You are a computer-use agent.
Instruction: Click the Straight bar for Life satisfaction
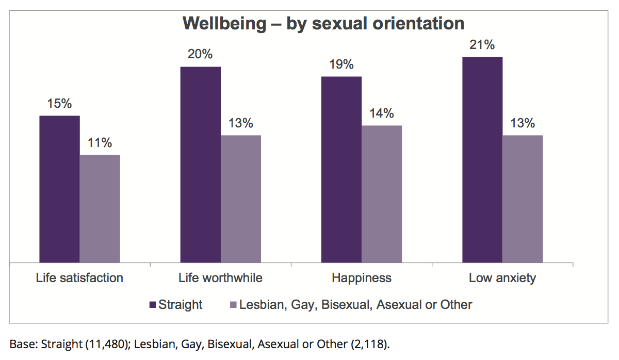coord(59,189)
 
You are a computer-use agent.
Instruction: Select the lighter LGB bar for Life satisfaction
coord(100,208)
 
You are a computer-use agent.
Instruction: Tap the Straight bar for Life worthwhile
coord(200,165)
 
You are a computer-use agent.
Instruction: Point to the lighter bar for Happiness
coord(381,194)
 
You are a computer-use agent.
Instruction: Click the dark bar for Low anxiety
coord(482,159)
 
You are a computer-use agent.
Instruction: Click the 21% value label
coord(482,45)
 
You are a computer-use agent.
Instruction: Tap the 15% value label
coord(59,104)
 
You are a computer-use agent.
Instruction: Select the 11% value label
coord(100,143)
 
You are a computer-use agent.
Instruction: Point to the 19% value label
coord(341,64)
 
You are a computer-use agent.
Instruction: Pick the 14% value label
coord(381,113)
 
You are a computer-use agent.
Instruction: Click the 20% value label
coord(200,55)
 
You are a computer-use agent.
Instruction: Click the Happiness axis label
coord(362,278)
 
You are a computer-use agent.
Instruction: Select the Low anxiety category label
coord(502,278)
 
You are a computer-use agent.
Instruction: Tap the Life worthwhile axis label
coord(220,278)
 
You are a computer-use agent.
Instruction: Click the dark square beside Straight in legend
coord(152,305)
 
